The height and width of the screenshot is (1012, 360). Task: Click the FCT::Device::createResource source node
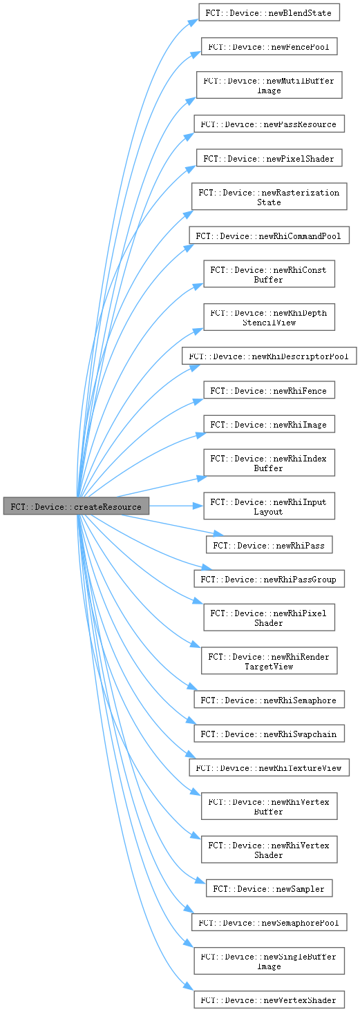point(76,506)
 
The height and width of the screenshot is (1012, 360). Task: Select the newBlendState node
point(269,12)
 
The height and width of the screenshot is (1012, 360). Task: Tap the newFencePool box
point(269,46)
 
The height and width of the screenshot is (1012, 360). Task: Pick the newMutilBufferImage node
point(269,85)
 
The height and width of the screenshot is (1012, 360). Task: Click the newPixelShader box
point(269,158)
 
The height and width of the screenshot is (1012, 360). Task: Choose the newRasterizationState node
point(269,196)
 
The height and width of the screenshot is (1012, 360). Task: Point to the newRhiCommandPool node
point(269,236)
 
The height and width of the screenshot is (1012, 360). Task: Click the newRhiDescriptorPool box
point(269,356)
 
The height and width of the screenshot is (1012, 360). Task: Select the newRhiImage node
point(269,424)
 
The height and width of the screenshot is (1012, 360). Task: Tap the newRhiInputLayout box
point(269,506)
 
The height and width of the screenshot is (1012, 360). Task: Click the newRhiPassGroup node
point(269,579)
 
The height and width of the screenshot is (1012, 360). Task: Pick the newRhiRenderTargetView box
point(269,660)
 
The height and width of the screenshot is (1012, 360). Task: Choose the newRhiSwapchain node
point(269,734)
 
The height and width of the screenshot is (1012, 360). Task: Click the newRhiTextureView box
point(269,767)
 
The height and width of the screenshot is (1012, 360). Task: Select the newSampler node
point(269,888)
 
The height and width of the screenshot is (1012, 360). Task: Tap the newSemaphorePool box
point(269,922)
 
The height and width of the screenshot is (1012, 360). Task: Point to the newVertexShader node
point(269,1000)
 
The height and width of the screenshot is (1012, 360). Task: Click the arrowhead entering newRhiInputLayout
point(199,506)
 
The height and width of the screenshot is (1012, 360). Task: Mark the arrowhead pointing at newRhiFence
point(198,401)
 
